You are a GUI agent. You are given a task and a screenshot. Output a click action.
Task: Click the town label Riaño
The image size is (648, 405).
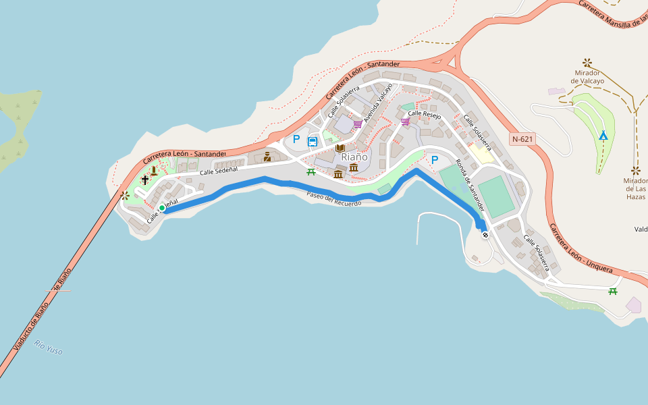coord(354,157)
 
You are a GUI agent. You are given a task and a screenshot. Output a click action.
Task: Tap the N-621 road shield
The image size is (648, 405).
coord(522,140)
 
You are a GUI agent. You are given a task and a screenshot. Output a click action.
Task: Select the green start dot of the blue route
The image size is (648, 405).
coord(162,208)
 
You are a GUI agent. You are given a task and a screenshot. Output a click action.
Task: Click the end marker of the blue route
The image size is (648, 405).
coord(485,235)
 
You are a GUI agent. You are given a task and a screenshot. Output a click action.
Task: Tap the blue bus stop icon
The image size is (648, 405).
coord(313,142)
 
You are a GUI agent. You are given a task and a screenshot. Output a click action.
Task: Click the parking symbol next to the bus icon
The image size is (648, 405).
coord(296,140)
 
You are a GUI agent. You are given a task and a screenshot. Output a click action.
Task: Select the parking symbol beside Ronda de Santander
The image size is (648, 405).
coord(435,160)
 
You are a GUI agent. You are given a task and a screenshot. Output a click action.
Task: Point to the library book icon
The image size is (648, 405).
coord(341,148)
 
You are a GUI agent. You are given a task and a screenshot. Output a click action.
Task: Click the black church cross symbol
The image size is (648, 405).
coord(144,180)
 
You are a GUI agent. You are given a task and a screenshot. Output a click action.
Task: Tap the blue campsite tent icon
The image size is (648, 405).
coord(603,136)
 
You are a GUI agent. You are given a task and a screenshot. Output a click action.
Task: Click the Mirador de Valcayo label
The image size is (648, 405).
coord(587,76)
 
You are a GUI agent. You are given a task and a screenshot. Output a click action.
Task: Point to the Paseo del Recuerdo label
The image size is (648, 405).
coord(333,199)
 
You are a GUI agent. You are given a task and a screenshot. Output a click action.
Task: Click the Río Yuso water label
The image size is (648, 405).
coord(49,347)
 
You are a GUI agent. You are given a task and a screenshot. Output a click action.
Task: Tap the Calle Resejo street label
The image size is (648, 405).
coord(424,115)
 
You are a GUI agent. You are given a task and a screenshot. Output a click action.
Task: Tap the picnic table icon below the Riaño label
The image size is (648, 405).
coord(311,171)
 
